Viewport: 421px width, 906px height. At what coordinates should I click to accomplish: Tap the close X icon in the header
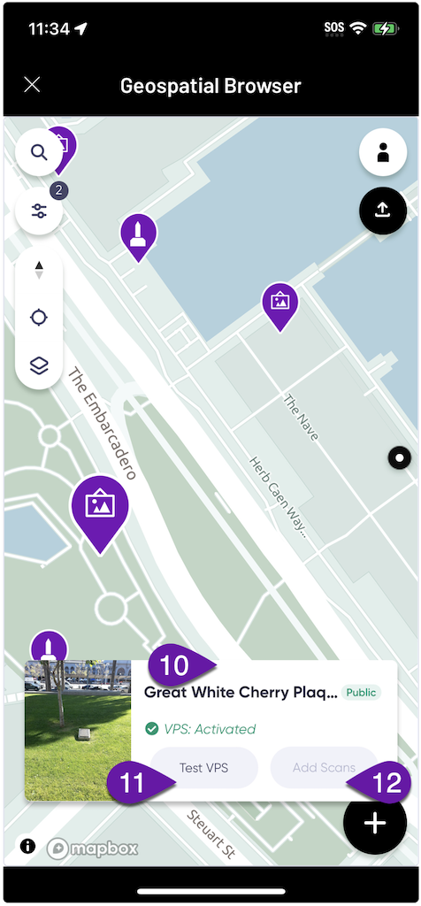(x=32, y=85)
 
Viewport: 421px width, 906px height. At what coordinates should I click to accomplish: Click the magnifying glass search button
(x=39, y=152)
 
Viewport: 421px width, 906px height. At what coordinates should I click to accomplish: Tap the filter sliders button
(x=39, y=211)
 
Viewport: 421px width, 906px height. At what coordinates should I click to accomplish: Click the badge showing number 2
(x=59, y=189)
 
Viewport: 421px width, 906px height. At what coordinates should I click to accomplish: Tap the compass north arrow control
(x=39, y=270)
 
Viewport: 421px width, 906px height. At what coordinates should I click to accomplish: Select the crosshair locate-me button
(x=39, y=319)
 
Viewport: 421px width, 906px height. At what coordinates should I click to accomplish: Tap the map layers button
(x=39, y=365)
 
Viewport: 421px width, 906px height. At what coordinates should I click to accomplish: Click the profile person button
(x=382, y=152)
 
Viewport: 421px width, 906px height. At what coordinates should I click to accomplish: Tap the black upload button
(x=382, y=210)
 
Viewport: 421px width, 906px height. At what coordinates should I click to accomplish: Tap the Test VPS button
(x=203, y=767)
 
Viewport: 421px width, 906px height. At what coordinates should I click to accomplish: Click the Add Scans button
(x=324, y=767)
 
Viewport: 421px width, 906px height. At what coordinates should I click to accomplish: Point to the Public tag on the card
(x=361, y=693)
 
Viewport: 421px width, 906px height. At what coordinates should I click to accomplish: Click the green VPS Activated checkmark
(x=152, y=729)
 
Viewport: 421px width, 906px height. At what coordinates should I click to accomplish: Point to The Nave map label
(x=301, y=418)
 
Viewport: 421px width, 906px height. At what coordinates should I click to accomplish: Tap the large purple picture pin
(x=99, y=508)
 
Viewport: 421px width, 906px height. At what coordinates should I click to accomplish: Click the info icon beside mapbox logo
(x=27, y=847)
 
